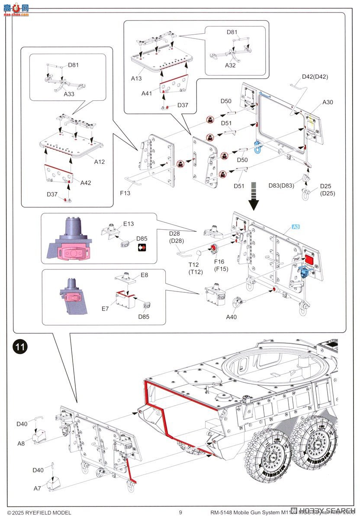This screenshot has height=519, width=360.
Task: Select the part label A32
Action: click(x=230, y=65)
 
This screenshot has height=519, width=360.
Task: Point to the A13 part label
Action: click(x=137, y=78)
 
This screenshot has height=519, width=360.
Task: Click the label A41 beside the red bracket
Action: click(x=147, y=93)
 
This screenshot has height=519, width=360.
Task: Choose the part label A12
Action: click(x=100, y=161)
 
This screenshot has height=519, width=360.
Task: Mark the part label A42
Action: click(x=86, y=183)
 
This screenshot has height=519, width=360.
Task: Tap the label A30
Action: click(x=328, y=102)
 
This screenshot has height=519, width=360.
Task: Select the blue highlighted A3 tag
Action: click(x=296, y=227)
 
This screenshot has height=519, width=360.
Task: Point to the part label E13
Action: click(x=129, y=224)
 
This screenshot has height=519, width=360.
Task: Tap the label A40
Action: click(x=231, y=317)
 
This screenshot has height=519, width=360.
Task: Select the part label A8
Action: click(x=21, y=443)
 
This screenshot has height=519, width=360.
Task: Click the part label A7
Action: click(x=38, y=488)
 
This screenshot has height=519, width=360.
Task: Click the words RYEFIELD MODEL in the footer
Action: click(x=48, y=513)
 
